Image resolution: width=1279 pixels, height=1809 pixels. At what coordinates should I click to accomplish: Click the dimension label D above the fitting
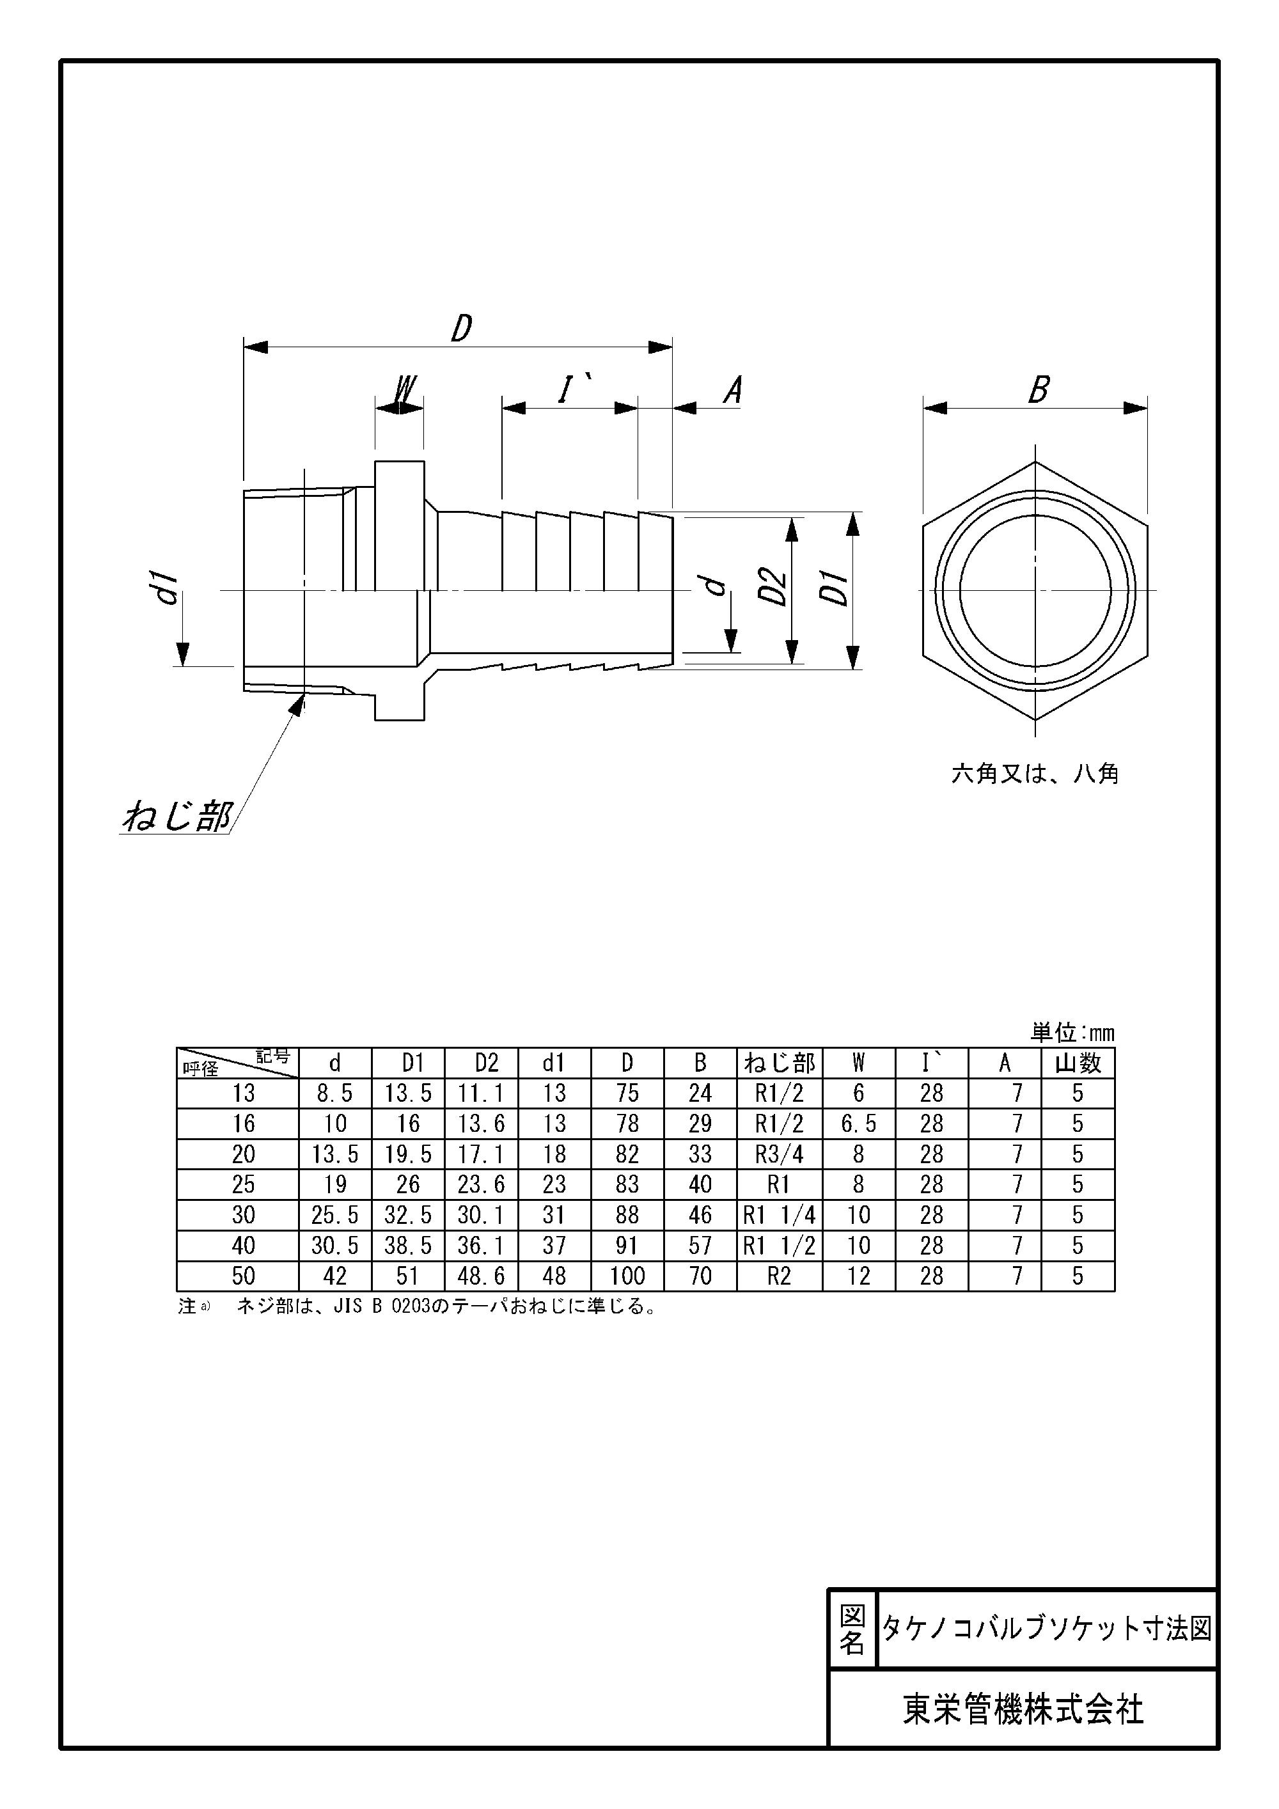point(462,328)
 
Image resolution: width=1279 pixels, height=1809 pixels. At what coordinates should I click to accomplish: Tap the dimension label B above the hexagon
point(1039,390)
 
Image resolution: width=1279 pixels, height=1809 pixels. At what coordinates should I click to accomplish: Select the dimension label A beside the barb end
point(733,390)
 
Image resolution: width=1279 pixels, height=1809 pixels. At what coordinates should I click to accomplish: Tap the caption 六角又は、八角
point(1035,774)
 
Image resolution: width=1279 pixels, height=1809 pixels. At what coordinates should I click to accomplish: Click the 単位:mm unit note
point(1072,1033)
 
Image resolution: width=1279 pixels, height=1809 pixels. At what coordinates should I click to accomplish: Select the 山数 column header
point(1078,1063)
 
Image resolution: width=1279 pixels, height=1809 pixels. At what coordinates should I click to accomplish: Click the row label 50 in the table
point(244,1276)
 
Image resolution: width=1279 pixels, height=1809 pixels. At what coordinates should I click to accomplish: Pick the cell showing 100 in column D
point(627,1276)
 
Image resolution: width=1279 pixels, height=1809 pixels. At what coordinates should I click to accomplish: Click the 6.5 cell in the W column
point(858,1124)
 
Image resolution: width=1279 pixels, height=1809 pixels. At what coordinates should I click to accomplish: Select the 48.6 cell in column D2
point(481,1276)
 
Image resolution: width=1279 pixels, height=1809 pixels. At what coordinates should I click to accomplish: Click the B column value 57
point(700,1246)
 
